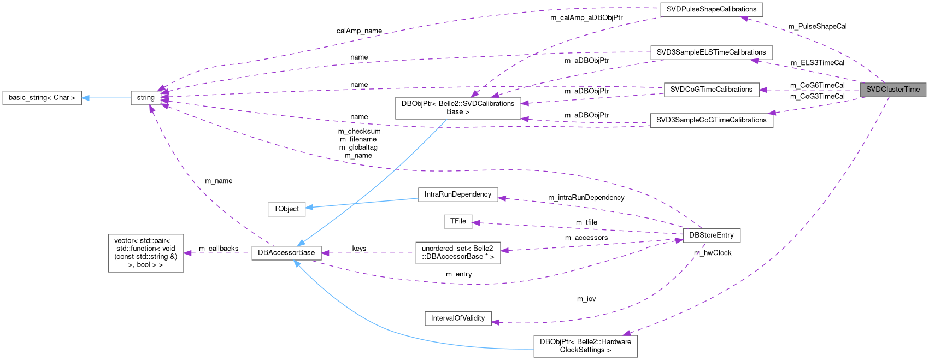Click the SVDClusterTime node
pyautogui.click(x=893, y=90)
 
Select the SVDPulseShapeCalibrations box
pyautogui.click(x=711, y=9)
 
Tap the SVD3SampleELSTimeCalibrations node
pyautogui.click(x=711, y=52)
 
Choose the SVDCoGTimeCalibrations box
pyautogui.click(x=711, y=90)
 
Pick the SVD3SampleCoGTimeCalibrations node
pyautogui.click(x=711, y=120)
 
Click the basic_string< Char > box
pyautogui.click(x=42, y=98)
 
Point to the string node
pyautogui.click(x=145, y=98)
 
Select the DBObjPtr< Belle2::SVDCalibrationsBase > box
pyautogui.click(x=458, y=108)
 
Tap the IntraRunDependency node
pyautogui.click(x=458, y=194)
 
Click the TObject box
pyautogui.click(x=286, y=209)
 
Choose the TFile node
pyautogui.click(x=458, y=221)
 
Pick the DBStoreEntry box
pyautogui.click(x=712, y=235)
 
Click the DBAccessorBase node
pyautogui.click(x=286, y=253)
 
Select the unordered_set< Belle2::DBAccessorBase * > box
pyautogui.click(x=458, y=253)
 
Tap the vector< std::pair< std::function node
pyautogui.click(x=146, y=253)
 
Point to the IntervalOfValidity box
pyautogui.click(x=458, y=318)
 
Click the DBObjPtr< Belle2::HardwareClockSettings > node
pyautogui.click(x=585, y=346)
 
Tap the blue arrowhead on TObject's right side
pyautogui.click(x=310, y=207)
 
